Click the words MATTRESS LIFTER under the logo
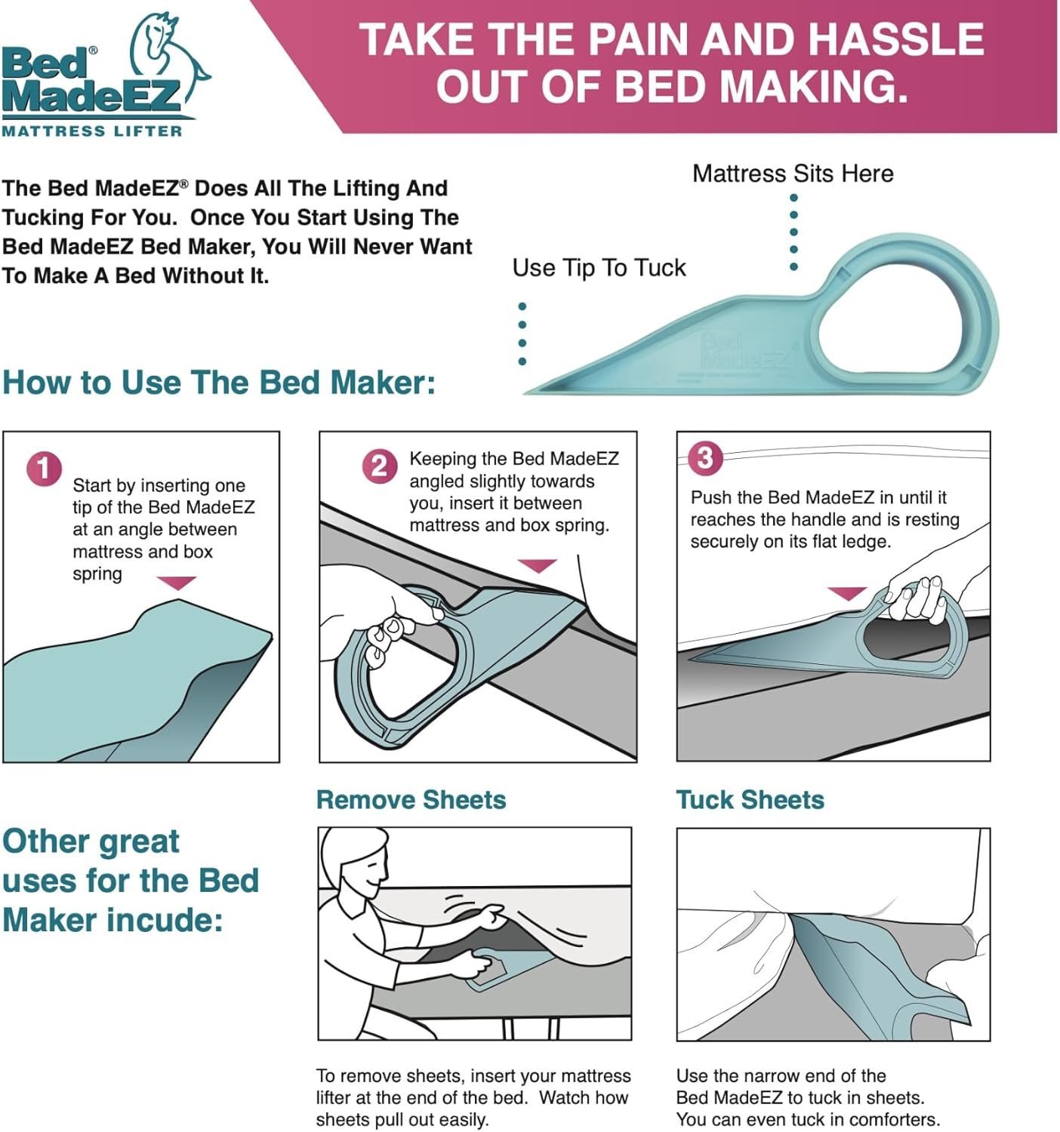pos(92,131)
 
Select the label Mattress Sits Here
pos(793,174)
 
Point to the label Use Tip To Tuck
pos(599,268)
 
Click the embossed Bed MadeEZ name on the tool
pos(741,351)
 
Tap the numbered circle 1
pos(44,469)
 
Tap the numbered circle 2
pos(380,466)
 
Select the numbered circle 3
pos(706,457)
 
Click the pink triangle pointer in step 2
pos(538,565)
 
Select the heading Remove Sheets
pos(411,800)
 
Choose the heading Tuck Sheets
pos(750,800)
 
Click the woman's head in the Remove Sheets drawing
pos(355,860)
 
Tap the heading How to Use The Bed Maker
pos(219,383)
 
